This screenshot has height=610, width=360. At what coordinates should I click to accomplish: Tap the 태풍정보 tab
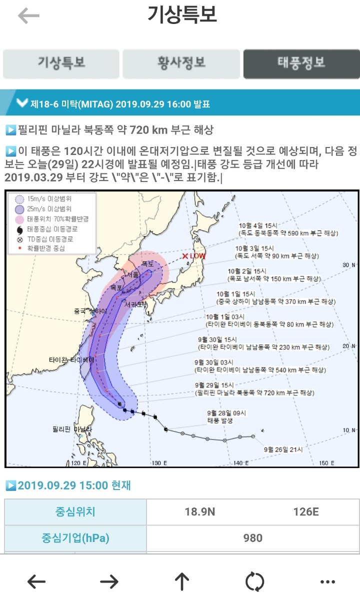point(301,63)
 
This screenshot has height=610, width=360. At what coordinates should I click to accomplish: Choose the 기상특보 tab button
point(61,63)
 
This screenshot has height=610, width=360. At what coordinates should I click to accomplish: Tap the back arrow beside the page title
point(28,16)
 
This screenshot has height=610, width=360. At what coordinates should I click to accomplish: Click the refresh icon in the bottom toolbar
point(254,581)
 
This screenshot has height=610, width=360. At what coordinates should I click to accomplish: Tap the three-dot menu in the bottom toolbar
point(327,581)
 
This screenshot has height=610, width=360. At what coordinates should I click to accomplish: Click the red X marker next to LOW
point(185,256)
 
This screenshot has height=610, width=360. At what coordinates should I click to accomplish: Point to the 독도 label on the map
point(147,263)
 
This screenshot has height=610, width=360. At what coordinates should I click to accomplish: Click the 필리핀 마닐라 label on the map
point(72,429)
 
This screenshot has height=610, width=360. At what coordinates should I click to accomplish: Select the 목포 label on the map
point(116,287)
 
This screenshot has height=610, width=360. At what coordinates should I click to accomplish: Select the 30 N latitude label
point(348,265)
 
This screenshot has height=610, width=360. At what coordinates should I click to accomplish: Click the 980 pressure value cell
point(252,538)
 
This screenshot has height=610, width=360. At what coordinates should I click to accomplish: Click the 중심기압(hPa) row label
point(75,538)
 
